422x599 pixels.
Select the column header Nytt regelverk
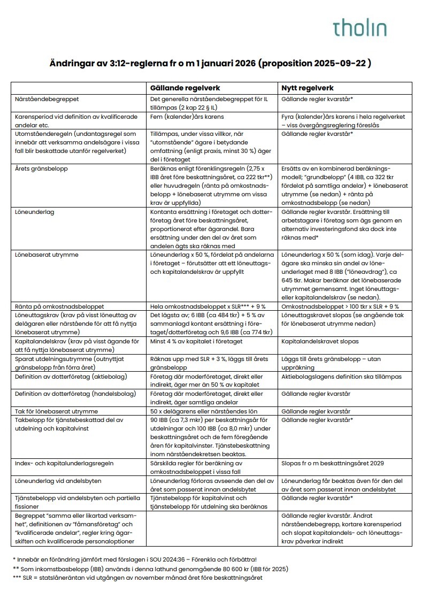[x=309, y=88]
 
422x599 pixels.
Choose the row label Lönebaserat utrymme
[x=47, y=255]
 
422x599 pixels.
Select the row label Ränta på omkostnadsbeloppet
[x=59, y=306]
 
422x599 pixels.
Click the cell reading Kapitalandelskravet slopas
[x=320, y=341]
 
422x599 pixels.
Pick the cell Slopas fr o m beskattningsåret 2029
[x=333, y=463]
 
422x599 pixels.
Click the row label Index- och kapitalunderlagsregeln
[x=64, y=463]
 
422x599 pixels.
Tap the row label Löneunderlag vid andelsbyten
[x=59, y=481]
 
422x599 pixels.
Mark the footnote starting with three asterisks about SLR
[x=137, y=578]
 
